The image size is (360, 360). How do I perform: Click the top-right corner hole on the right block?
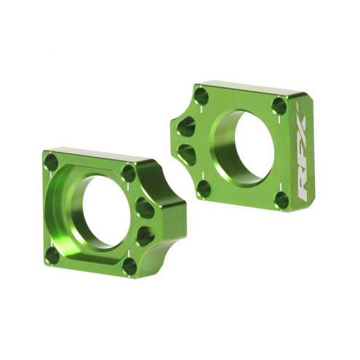(x=279, y=106)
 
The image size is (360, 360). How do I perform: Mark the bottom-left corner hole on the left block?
(x=55, y=252)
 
